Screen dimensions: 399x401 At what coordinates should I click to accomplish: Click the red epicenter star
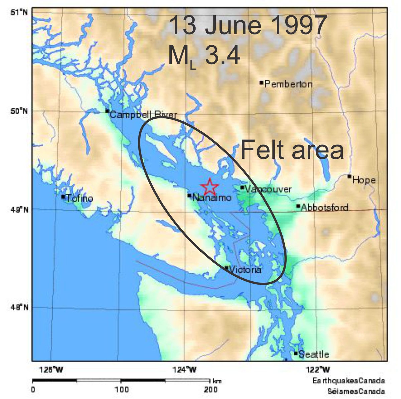(x=210, y=186)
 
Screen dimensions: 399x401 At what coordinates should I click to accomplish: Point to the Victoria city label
(x=246, y=270)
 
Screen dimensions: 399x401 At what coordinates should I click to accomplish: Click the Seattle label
(x=314, y=354)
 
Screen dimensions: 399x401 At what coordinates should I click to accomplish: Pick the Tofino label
(x=80, y=198)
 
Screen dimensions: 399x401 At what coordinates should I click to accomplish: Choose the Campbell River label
(x=143, y=115)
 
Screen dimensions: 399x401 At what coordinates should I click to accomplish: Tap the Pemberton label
(x=288, y=84)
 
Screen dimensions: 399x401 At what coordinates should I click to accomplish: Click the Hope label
(x=364, y=180)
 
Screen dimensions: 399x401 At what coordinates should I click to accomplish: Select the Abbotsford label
(x=324, y=208)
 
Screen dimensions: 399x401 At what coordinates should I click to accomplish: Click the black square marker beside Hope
(x=349, y=176)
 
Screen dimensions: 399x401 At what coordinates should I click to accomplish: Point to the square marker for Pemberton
(x=261, y=82)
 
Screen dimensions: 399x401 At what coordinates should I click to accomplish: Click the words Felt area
(x=292, y=151)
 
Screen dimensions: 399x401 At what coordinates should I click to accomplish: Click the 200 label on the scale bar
(x=211, y=390)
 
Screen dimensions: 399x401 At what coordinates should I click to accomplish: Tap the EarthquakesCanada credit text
(x=349, y=381)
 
